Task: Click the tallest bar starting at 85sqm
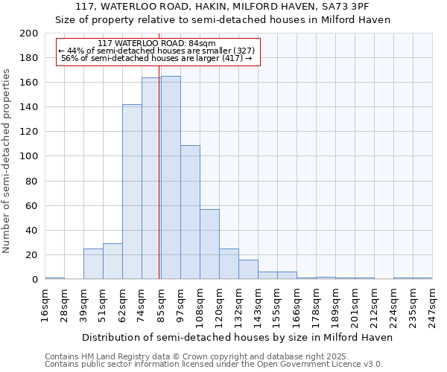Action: point(171,178)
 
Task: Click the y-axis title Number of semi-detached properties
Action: point(7,161)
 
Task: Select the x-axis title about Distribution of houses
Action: point(237,337)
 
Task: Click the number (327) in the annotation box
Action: point(242,51)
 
